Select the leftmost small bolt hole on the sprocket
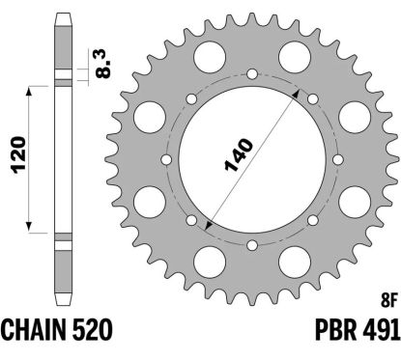tap(166, 160)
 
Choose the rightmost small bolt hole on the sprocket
tap(336, 160)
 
